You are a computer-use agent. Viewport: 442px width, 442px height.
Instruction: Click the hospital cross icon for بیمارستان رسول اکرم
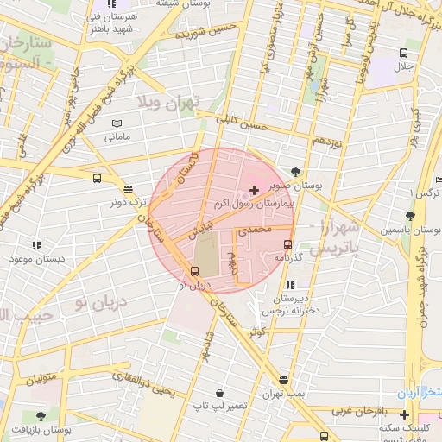253,189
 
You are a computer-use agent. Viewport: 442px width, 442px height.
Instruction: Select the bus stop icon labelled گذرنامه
287,243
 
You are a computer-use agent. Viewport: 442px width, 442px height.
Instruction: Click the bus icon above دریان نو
193,271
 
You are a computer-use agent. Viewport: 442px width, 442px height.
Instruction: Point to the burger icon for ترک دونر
129,189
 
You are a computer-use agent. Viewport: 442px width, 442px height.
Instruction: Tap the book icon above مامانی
117,123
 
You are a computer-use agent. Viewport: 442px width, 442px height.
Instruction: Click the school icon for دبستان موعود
35,246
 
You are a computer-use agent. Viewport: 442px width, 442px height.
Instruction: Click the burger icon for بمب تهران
284,380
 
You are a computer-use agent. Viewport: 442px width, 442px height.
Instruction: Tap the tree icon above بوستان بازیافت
40,416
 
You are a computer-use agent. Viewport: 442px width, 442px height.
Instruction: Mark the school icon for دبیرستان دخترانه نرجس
289,284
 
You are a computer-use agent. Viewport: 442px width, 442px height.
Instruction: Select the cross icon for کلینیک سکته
403,415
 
